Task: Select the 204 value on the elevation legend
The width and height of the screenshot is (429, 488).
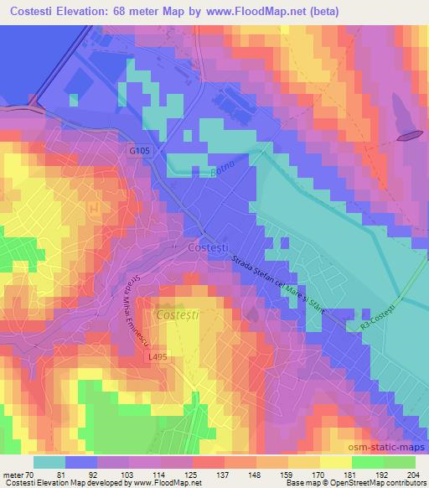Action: pyautogui.click(x=412, y=475)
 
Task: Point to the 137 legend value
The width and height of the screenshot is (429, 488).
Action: pyautogui.click(x=223, y=475)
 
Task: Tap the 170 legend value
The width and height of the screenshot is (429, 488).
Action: pyautogui.click(x=318, y=475)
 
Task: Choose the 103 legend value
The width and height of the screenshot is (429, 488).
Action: pyautogui.click(x=128, y=475)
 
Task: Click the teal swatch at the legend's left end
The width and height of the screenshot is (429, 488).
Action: pyautogui.click(x=49, y=462)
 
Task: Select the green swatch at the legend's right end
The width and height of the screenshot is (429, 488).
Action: pyautogui.click(x=400, y=462)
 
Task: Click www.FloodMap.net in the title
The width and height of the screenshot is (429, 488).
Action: pyautogui.click(x=269, y=10)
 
